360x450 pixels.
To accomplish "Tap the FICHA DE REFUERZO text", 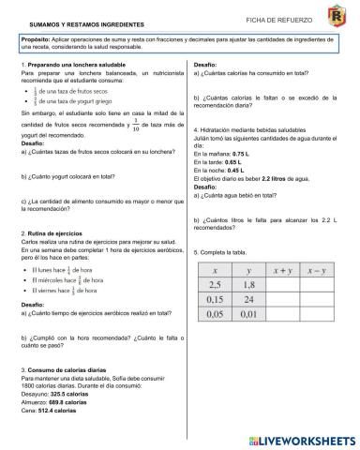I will [275, 18].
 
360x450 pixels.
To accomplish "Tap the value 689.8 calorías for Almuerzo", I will [73, 402].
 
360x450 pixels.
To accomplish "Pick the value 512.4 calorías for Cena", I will [62, 411].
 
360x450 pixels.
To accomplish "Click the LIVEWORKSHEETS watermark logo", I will [300, 438].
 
